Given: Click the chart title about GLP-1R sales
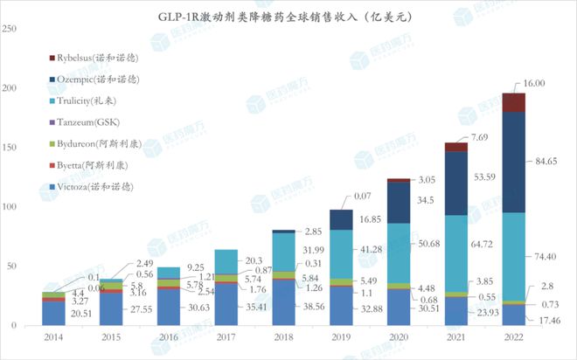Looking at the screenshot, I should tap(288, 15).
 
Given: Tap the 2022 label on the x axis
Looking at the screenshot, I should tap(514, 336).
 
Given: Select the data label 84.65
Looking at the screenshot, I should tap(546, 161).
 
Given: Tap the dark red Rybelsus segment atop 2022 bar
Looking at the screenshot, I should tap(513, 102).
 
